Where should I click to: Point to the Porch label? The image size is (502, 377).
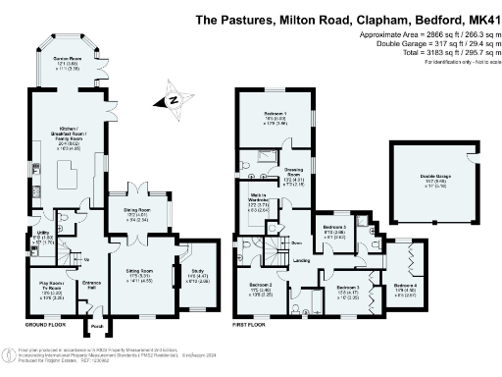pos(96,326)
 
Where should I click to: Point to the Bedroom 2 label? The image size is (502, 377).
pos(260,287)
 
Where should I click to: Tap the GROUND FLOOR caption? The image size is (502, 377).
pos(45,322)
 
